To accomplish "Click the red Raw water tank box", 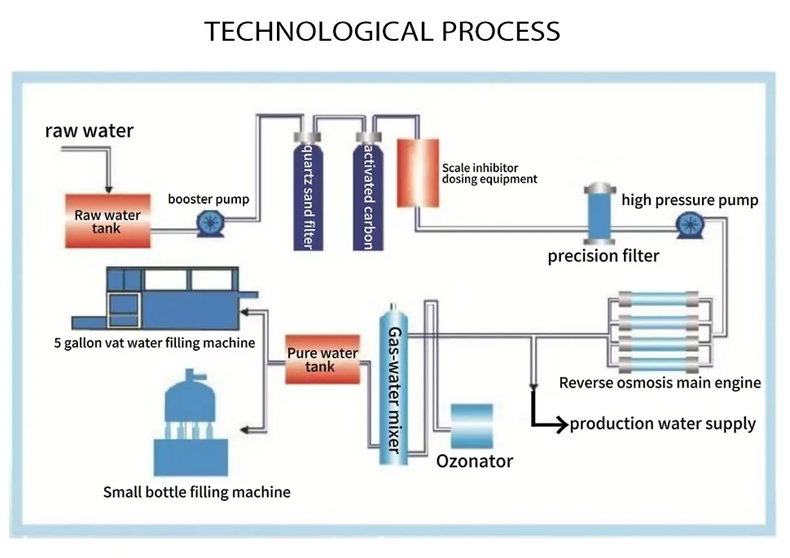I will tap(108, 222).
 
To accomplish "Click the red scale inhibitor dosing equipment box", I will tap(416, 172).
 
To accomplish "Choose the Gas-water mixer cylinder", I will tap(394, 383).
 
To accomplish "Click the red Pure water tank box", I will tap(322, 359).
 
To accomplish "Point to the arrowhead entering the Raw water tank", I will tap(107, 188).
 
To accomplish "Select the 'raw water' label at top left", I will tap(89, 130).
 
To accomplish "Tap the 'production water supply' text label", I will tap(662, 424).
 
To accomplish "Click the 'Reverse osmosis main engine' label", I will tap(660, 383).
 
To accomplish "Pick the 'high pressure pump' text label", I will tap(690, 200).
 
